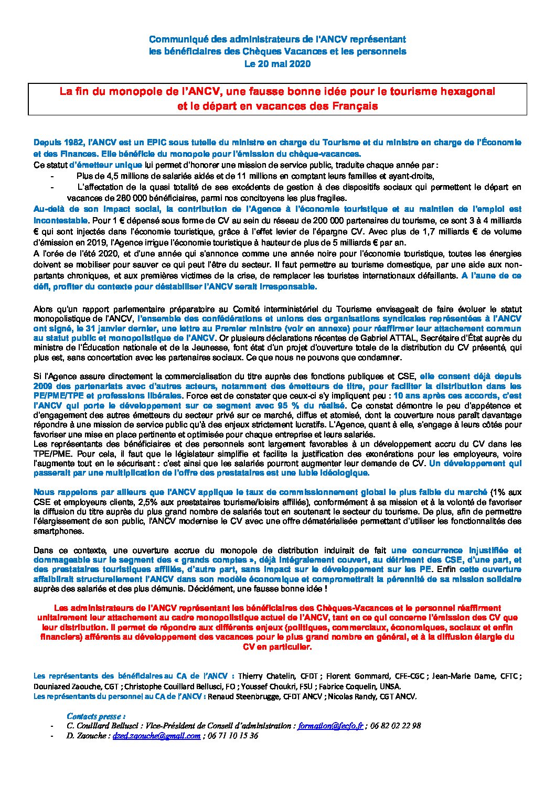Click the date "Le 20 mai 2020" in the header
click(277, 64)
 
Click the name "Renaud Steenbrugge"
click(243, 696)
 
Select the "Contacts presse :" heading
click(97, 715)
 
